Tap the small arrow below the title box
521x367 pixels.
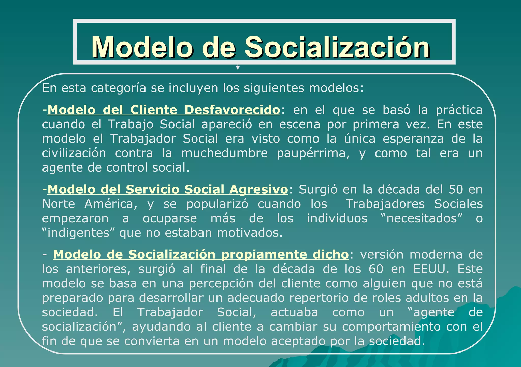pos(238,67)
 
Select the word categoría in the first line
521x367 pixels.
pos(119,88)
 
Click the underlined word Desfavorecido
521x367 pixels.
pos(232,110)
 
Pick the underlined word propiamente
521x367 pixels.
pos(264,255)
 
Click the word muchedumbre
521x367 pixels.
pos(224,153)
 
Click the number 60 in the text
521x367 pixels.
pos(376,269)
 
